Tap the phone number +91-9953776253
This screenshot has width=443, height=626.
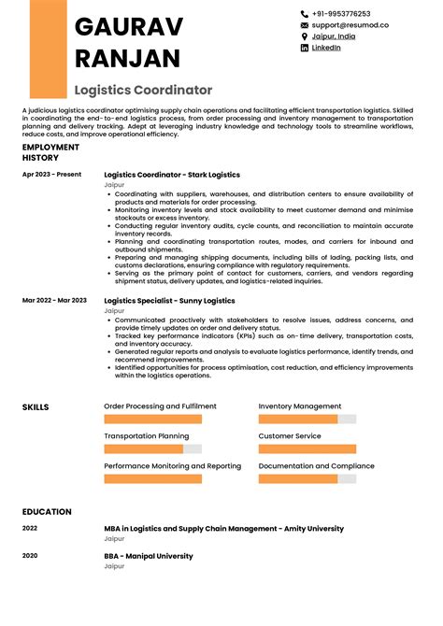point(341,14)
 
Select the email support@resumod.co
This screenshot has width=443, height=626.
point(350,25)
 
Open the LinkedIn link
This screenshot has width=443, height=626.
point(325,48)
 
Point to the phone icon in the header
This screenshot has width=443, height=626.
point(305,14)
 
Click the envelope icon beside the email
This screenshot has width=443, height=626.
point(305,25)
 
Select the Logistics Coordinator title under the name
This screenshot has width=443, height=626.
point(143,91)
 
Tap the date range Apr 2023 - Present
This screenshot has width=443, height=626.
point(51,175)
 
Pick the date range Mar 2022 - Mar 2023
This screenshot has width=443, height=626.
point(54,300)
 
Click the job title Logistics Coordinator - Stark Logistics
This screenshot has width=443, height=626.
point(171,175)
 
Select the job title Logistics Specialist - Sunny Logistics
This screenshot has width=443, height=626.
point(169,301)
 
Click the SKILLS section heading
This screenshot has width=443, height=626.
point(36,407)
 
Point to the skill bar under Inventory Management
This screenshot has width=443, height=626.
point(307,420)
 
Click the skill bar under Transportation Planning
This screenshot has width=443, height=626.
point(152,448)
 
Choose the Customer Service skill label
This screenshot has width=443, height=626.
point(290,436)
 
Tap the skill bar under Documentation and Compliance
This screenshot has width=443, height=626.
point(307,478)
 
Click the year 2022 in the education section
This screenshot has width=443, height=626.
point(30,528)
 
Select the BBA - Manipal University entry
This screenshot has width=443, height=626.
point(149,556)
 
